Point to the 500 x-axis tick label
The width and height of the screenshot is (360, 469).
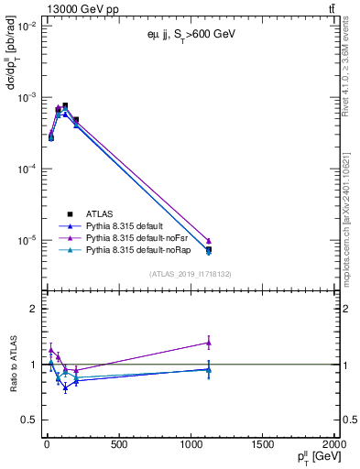point(118,446)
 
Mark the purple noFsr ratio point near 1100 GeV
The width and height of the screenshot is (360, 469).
point(209,343)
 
